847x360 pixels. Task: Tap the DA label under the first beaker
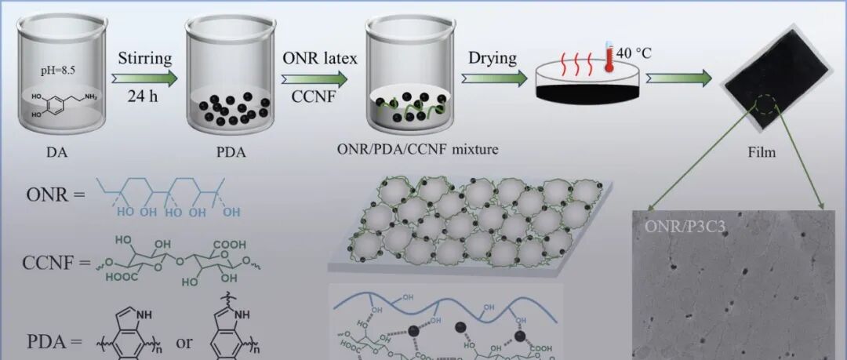(56, 153)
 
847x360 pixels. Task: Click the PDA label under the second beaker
(228, 153)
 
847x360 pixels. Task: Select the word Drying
(493, 58)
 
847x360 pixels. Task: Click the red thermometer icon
(607, 59)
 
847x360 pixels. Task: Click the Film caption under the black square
(762, 152)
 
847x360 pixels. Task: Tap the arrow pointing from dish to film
(678, 78)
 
